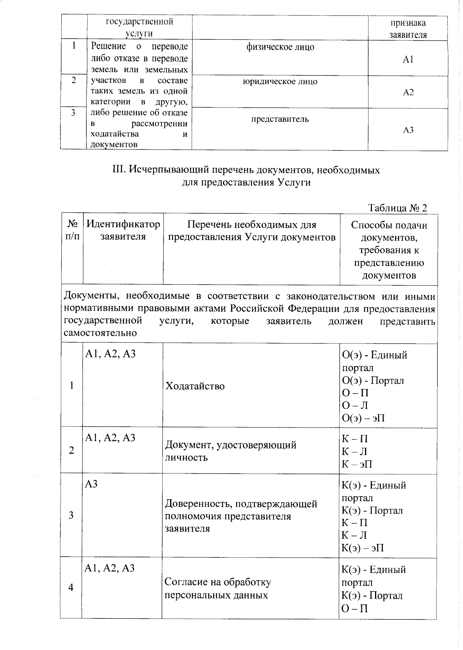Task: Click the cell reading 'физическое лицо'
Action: pos(280,47)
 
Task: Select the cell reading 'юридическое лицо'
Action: pos(280,82)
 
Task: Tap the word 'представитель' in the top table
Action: pos(280,119)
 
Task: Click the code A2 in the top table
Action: pos(408,93)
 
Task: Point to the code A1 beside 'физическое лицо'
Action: pos(408,60)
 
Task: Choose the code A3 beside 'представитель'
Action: pos(408,130)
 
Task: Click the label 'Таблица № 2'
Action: pos(398,208)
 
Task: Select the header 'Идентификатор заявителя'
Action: pos(123,230)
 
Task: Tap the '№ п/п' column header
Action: pos(73,230)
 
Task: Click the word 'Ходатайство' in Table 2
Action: pos(195,386)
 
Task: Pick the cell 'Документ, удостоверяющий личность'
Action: pos(231,451)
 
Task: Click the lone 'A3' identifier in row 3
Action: pos(91,485)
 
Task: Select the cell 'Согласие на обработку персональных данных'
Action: pos(218,588)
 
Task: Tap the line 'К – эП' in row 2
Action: pos(357,464)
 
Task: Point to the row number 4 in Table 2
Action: pos(71,588)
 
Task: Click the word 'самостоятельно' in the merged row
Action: pos(100,333)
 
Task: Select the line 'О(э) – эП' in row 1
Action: pos(363,418)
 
